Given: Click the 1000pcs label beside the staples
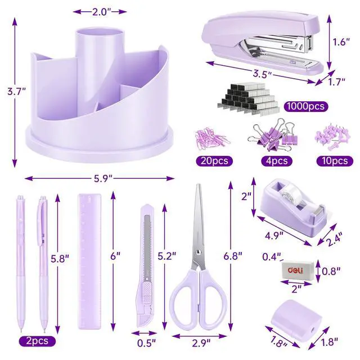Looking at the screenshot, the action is [x=306, y=106].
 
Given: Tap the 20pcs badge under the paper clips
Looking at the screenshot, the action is [x=214, y=161].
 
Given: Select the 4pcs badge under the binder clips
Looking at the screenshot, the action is [x=277, y=161].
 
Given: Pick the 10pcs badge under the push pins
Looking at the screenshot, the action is [x=335, y=161].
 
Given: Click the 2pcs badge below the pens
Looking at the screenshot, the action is [x=37, y=341].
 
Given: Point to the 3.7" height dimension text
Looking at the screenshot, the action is [x=16, y=92].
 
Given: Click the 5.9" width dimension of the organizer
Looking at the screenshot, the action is [x=103, y=178].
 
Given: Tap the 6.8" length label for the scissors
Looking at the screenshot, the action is [x=233, y=255].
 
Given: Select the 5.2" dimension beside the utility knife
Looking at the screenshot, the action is [x=167, y=255].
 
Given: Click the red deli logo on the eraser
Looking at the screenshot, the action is [x=295, y=270].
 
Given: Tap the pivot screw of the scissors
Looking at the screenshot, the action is [x=197, y=253].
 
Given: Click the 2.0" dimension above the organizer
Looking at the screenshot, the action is [x=100, y=12].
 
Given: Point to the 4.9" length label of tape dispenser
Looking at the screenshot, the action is [x=274, y=235].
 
